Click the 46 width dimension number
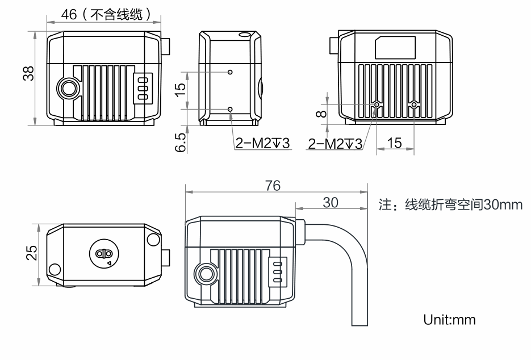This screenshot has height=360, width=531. coord(69,15)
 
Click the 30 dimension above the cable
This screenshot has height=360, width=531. coord(331,202)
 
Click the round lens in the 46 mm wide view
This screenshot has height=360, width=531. coord(69,88)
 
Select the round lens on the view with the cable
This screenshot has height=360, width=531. coord(205,275)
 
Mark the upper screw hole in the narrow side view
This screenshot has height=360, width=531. coord(229,73)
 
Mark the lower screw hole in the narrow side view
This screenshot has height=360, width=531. coord(229,108)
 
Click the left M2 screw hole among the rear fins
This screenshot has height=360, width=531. coord(377,105)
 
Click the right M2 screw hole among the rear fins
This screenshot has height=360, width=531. coord(413,105)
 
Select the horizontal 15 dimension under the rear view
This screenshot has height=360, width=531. coord(394,143)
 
